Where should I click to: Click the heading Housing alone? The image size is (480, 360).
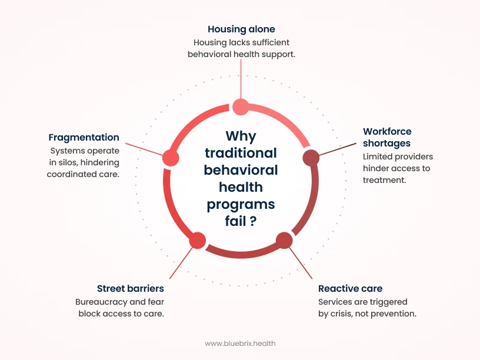[241, 29]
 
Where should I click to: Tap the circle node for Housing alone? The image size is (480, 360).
[241, 106]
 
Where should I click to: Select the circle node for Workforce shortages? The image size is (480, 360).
[311, 158]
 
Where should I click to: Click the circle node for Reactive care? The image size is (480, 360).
[284, 240]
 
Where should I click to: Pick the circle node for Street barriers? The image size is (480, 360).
[197, 240]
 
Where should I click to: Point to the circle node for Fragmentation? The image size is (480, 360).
[170, 158]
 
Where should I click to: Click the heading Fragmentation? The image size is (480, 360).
[84, 137]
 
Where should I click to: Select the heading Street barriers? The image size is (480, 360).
[130, 289]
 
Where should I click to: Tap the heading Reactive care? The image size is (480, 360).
[350, 289]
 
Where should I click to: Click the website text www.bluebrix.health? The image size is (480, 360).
[240, 343]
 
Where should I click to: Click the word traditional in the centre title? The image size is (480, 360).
[240, 153]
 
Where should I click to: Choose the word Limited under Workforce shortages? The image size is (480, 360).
[378, 156]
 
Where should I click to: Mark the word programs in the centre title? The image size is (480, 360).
[240, 204]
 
